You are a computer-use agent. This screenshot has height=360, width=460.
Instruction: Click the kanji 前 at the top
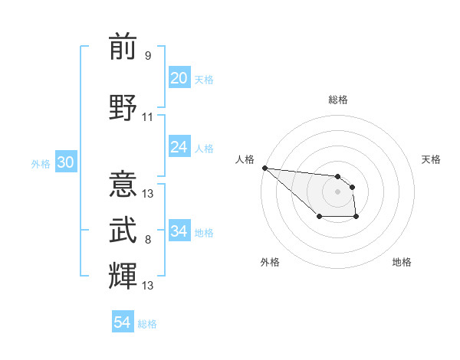coord(123,47)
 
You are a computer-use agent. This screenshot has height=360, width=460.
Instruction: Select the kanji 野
coord(123,108)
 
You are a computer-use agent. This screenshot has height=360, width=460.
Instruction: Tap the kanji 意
coord(123,185)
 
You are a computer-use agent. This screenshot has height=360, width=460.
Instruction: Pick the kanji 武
coord(123,231)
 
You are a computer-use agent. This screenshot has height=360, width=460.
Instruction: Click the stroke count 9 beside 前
coord(148,55)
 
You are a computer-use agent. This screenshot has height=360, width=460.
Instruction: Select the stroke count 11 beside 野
coord(148,116)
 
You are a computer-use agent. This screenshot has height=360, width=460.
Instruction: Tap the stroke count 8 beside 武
coord(148,240)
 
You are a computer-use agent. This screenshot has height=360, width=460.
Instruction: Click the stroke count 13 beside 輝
coord(148,286)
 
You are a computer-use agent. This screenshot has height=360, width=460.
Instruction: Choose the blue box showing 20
coord(179,78)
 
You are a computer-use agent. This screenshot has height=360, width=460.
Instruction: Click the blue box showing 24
coord(179,147)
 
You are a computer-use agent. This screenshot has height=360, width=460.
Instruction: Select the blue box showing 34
coord(179,231)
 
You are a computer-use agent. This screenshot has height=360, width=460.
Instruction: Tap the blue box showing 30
coord(65,162)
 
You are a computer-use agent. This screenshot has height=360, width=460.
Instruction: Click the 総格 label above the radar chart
coord(338,100)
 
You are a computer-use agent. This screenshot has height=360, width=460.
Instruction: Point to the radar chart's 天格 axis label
coord(432,159)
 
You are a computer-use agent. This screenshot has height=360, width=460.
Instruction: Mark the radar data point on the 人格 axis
coord(264,168)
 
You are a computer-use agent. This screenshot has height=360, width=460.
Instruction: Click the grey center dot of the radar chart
coord(337,191)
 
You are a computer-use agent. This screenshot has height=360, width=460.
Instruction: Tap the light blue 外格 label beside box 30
coord(41,163)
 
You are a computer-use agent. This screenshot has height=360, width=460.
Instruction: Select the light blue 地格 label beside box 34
coord(204,232)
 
